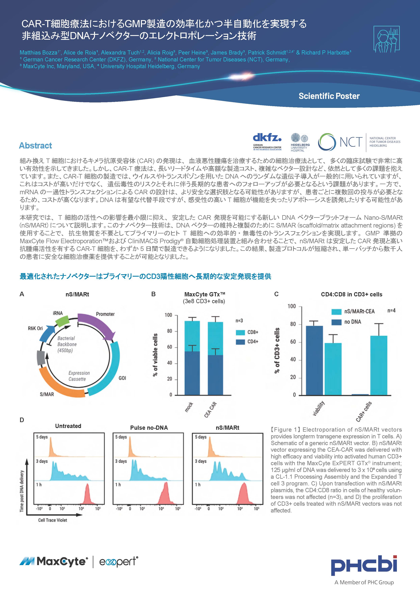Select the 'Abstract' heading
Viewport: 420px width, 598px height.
[35, 146]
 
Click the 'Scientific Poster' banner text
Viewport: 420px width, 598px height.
[329, 96]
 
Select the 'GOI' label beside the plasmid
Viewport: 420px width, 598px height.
[122, 378]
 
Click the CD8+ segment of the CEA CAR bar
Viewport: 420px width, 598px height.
[215, 339]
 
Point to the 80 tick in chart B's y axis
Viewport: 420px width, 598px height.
[170, 331]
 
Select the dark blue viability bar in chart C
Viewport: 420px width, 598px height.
[314, 361]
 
